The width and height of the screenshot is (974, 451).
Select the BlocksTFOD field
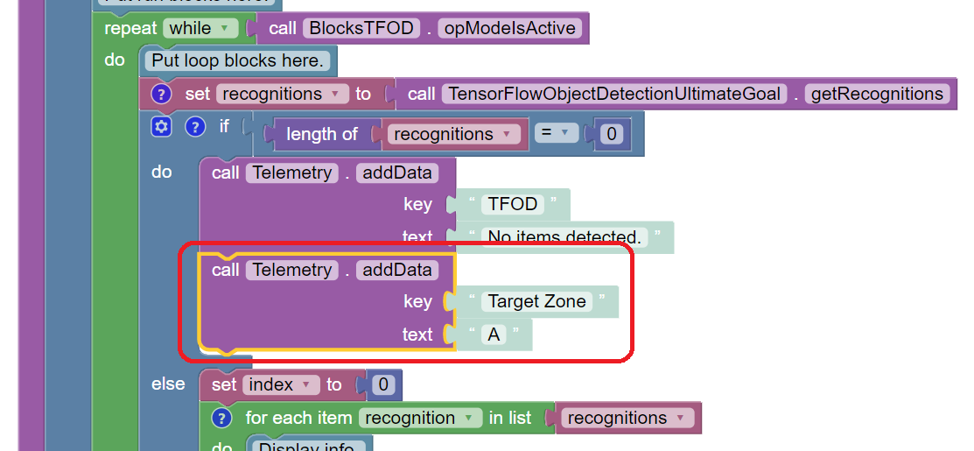coord(359,28)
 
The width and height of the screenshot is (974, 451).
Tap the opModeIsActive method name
coord(510,28)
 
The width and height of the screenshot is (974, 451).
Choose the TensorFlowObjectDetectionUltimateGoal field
coord(613,94)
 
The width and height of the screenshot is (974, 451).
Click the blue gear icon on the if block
coord(161,127)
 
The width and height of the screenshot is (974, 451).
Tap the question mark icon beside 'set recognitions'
coord(161,94)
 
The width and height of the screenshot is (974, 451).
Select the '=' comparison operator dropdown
coord(552,134)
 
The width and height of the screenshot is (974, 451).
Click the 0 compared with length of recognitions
coord(612,134)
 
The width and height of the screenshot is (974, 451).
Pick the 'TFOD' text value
coord(513,204)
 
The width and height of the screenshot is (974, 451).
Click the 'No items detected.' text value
coord(564,236)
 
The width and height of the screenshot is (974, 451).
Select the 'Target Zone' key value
coord(536,301)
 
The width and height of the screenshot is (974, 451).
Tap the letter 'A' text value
coord(494,335)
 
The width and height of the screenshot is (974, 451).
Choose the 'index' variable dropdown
coord(282,384)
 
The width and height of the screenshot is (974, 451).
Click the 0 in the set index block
coord(382,384)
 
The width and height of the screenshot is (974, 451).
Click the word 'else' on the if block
coord(168,384)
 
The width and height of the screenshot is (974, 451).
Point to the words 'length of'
coord(322,134)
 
